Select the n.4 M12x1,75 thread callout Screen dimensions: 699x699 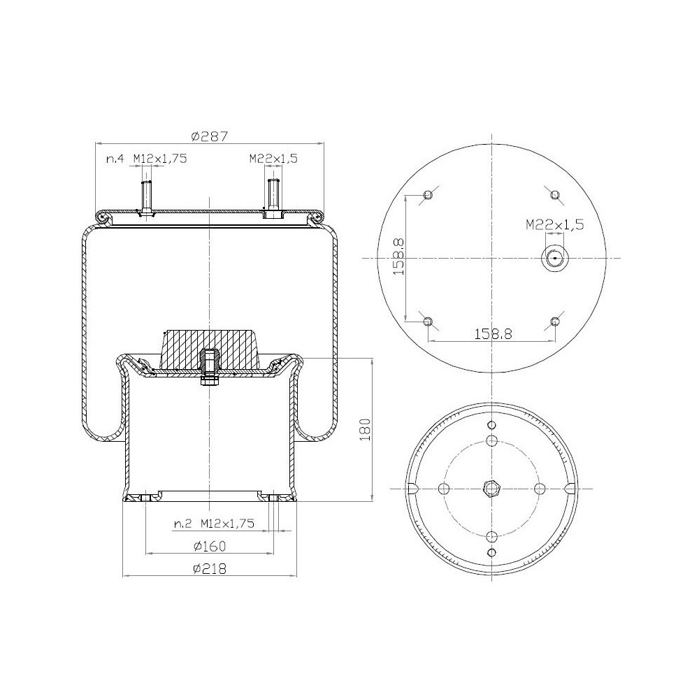click(146, 159)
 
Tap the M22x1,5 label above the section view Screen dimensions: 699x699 click(273, 159)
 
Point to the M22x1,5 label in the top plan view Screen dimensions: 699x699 click(554, 224)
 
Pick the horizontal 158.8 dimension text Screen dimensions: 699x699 click(492, 334)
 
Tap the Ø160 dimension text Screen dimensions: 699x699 click(209, 545)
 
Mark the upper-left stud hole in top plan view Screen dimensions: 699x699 click(429, 195)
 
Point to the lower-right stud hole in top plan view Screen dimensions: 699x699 click(555, 322)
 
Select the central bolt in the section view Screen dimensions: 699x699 click(209, 366)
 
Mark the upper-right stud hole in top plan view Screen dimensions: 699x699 click(555, 194)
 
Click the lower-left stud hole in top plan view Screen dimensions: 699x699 click(429, 322)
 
